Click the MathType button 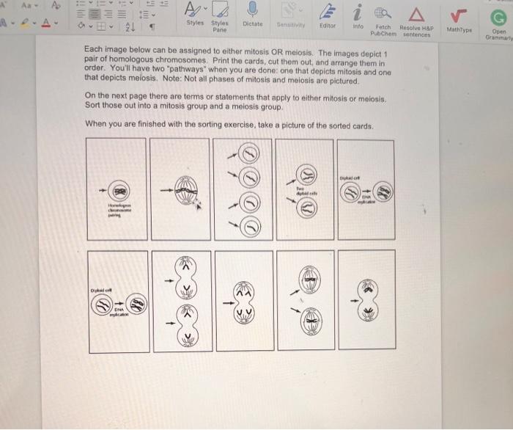[459, 12]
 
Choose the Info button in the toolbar [358, 11]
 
